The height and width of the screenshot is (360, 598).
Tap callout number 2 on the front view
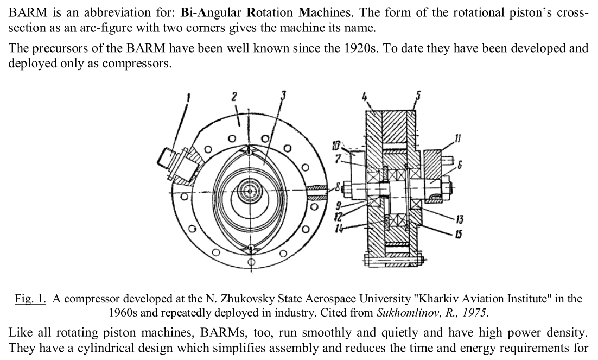pos(234,97)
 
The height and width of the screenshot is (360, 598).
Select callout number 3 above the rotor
pos(283,95)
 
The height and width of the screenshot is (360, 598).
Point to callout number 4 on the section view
pos(365,97)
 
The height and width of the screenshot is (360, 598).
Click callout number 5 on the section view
pos(418,96)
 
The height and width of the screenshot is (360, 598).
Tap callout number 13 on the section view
pos(459,219)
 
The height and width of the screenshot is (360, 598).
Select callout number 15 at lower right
pos(459,234)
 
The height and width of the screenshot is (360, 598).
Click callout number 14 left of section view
pos(339,229)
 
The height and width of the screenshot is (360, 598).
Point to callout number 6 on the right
pos(460,165)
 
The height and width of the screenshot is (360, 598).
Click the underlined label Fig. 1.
pos(30,299)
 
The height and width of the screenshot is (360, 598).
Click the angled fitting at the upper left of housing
pos(179,165)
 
